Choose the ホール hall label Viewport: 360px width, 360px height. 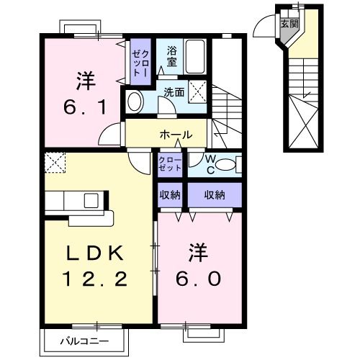point(176,135)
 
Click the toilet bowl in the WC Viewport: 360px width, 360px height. point(225,165)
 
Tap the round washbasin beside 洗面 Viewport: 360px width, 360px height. point(134,100)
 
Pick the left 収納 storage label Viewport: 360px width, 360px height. point(170,194)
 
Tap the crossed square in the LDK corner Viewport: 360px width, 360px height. point(55,163)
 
